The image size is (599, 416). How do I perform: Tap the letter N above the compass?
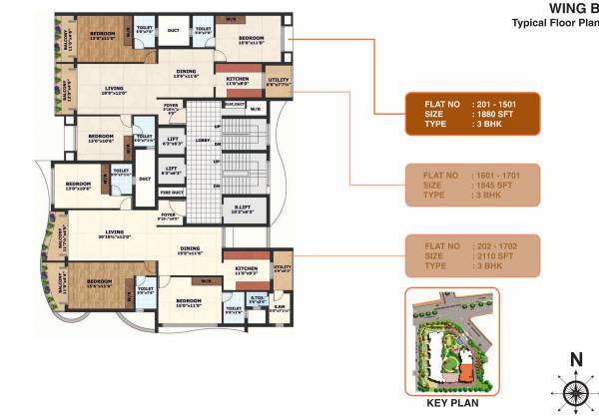(x=576, y=360)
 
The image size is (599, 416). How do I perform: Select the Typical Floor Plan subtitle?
(x=554, y=22)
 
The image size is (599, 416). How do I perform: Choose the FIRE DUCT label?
(x=173, y=192)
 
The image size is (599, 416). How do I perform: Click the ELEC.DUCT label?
(x=235, y=103)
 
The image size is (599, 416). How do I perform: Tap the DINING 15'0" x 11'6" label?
(x=190, y=251)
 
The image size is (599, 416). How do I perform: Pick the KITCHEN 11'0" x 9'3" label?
(x=246, y=270)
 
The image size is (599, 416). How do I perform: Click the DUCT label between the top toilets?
(x=172, y=30)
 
